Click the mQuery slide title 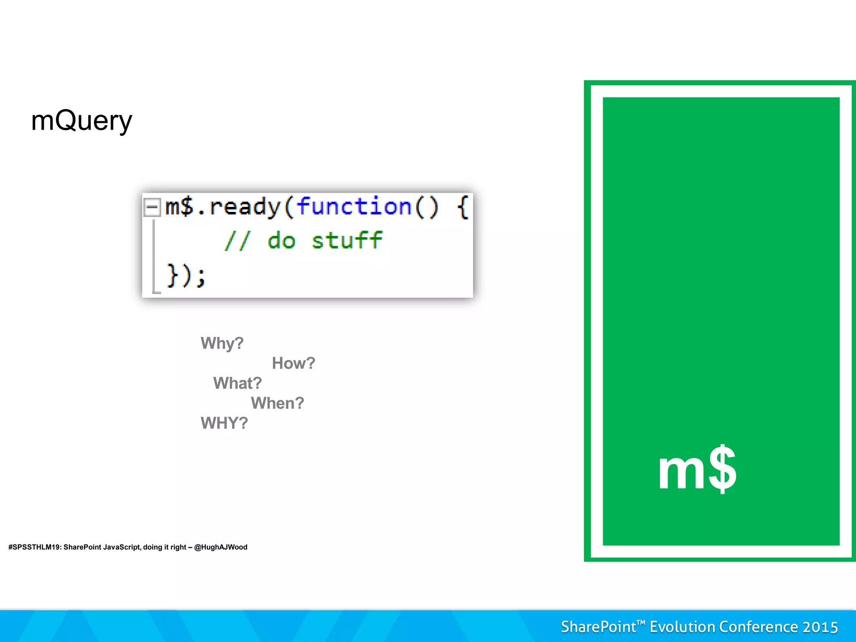[x=82, y=121]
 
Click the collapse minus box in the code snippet [x=152, y=207]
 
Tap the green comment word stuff [x=347, y=241]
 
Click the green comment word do [x=281, y=241]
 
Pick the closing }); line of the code [x=186, y=275]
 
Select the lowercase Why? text [x=222, y=344]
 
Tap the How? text [x=293, y=363]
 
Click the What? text [x=237, y=383]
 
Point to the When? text [x=278, y=403]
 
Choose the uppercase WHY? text [x=224, y=423]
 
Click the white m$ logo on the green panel [x=697, y=469]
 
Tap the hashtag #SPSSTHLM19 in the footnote [x=34, y=547]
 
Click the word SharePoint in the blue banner [x=598, y=627]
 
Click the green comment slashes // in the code [x=237, y=241]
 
